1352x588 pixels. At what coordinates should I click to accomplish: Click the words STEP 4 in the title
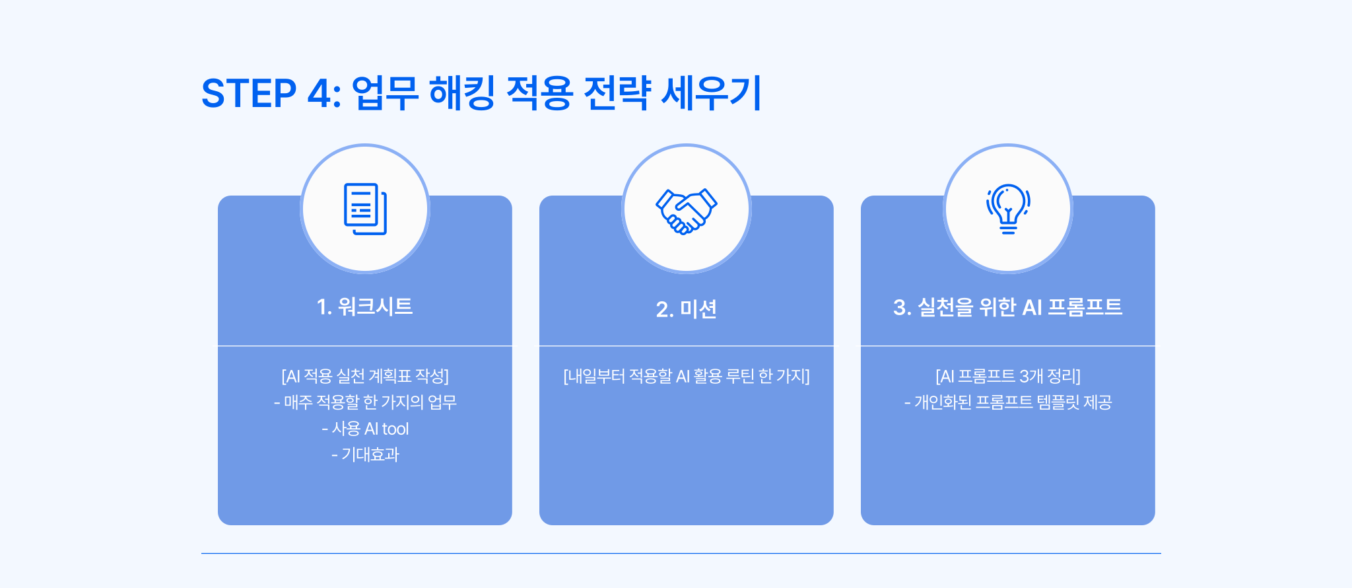click(x=271, y=93)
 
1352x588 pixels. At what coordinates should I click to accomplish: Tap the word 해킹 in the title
click(x=461, y=93)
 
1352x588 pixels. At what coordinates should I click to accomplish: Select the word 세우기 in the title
click(x=712, y=93)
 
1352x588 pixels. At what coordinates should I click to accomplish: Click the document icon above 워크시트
click(x=365, y=209)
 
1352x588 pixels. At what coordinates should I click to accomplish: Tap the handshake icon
click(x=687, y=211)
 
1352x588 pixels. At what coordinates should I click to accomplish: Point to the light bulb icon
click(x=1008, y=209)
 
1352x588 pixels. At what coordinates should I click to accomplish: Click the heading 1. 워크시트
click(x=364, y=307)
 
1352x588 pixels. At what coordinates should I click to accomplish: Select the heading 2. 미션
click(x=687, y=309)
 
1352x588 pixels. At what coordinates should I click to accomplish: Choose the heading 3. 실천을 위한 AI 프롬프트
click(x=1007, y=307)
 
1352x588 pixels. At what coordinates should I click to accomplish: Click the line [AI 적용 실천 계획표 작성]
click(x=365, y=376)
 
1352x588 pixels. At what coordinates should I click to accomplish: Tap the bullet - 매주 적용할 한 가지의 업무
click(x=365, y=402)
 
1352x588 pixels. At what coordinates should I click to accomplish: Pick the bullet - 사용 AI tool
click(x=365, y=429)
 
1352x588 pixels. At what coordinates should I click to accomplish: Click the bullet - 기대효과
click(x=365, y=455)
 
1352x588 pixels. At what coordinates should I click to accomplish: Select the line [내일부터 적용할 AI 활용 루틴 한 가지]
click(x=687, y=376)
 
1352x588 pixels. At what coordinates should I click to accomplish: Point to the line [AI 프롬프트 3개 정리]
click(x=1008, y=376)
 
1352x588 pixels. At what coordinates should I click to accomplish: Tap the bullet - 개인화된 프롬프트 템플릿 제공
click(x=1008, y=402)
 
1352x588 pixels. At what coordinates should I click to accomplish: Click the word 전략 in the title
click(x=617, y=93)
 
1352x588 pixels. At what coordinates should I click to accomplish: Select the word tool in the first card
click(x=395, y=429)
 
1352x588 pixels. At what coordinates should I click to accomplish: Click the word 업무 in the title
click(x=385, y=93)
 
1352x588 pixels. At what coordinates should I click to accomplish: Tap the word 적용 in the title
click(x=539, y=93)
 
